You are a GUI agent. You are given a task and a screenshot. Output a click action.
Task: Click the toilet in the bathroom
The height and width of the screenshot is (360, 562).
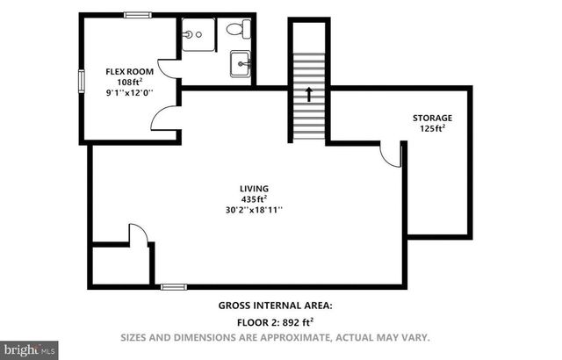tap(234, 29)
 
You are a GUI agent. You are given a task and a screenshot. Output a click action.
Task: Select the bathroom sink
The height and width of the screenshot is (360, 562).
tap(241, 64)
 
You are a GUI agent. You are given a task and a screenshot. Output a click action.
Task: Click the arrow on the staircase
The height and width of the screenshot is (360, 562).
tap(308, 91)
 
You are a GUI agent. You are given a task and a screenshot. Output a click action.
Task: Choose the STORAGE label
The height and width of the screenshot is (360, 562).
tap(432, 118)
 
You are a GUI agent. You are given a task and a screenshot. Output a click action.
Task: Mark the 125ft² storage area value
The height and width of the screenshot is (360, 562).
tap(432, 129)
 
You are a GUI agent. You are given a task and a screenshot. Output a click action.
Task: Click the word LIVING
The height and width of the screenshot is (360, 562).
tap(255, 188)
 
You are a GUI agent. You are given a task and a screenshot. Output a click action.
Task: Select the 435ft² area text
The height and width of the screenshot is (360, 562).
tap(255, 198)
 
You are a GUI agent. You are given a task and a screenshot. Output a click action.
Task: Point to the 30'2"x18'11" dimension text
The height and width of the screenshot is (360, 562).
tap(255, 210)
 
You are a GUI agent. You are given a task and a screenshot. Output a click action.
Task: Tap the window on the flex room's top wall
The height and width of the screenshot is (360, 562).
tap(136, 15)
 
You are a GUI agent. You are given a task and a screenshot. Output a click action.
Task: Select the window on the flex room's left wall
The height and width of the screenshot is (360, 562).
tap(81, 81)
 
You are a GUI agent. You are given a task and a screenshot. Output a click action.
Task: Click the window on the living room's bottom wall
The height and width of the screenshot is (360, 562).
tap(173, 286)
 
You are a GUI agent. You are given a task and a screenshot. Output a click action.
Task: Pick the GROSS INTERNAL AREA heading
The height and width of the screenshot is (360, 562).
tap(275, 306)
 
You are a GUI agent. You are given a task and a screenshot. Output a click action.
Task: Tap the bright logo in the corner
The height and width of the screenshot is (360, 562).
tap(29, 349)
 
